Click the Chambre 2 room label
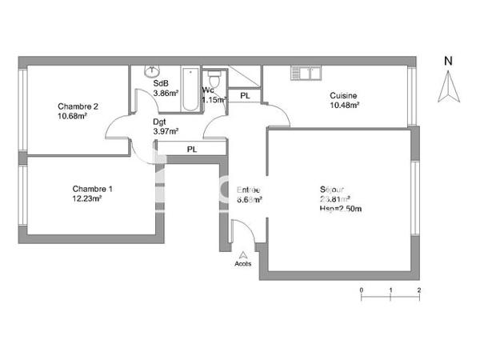click(x=78, y=106)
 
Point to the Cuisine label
click(x=344, y=96)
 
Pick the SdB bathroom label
click(x=160, y=83)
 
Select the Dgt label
click(x=160, y=122)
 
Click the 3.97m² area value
click(x=166, y=131)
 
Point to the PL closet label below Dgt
click(x=192, y=150)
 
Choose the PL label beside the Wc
click(x=245, y=96)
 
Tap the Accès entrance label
click(x=242, y=262)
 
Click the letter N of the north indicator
click(x=448, y=60)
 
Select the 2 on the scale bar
click(x=418, y=289)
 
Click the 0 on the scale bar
click(x=361, y=289)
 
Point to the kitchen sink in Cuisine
click(x=305, y=74)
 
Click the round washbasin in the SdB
click(x=150, y=72)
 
